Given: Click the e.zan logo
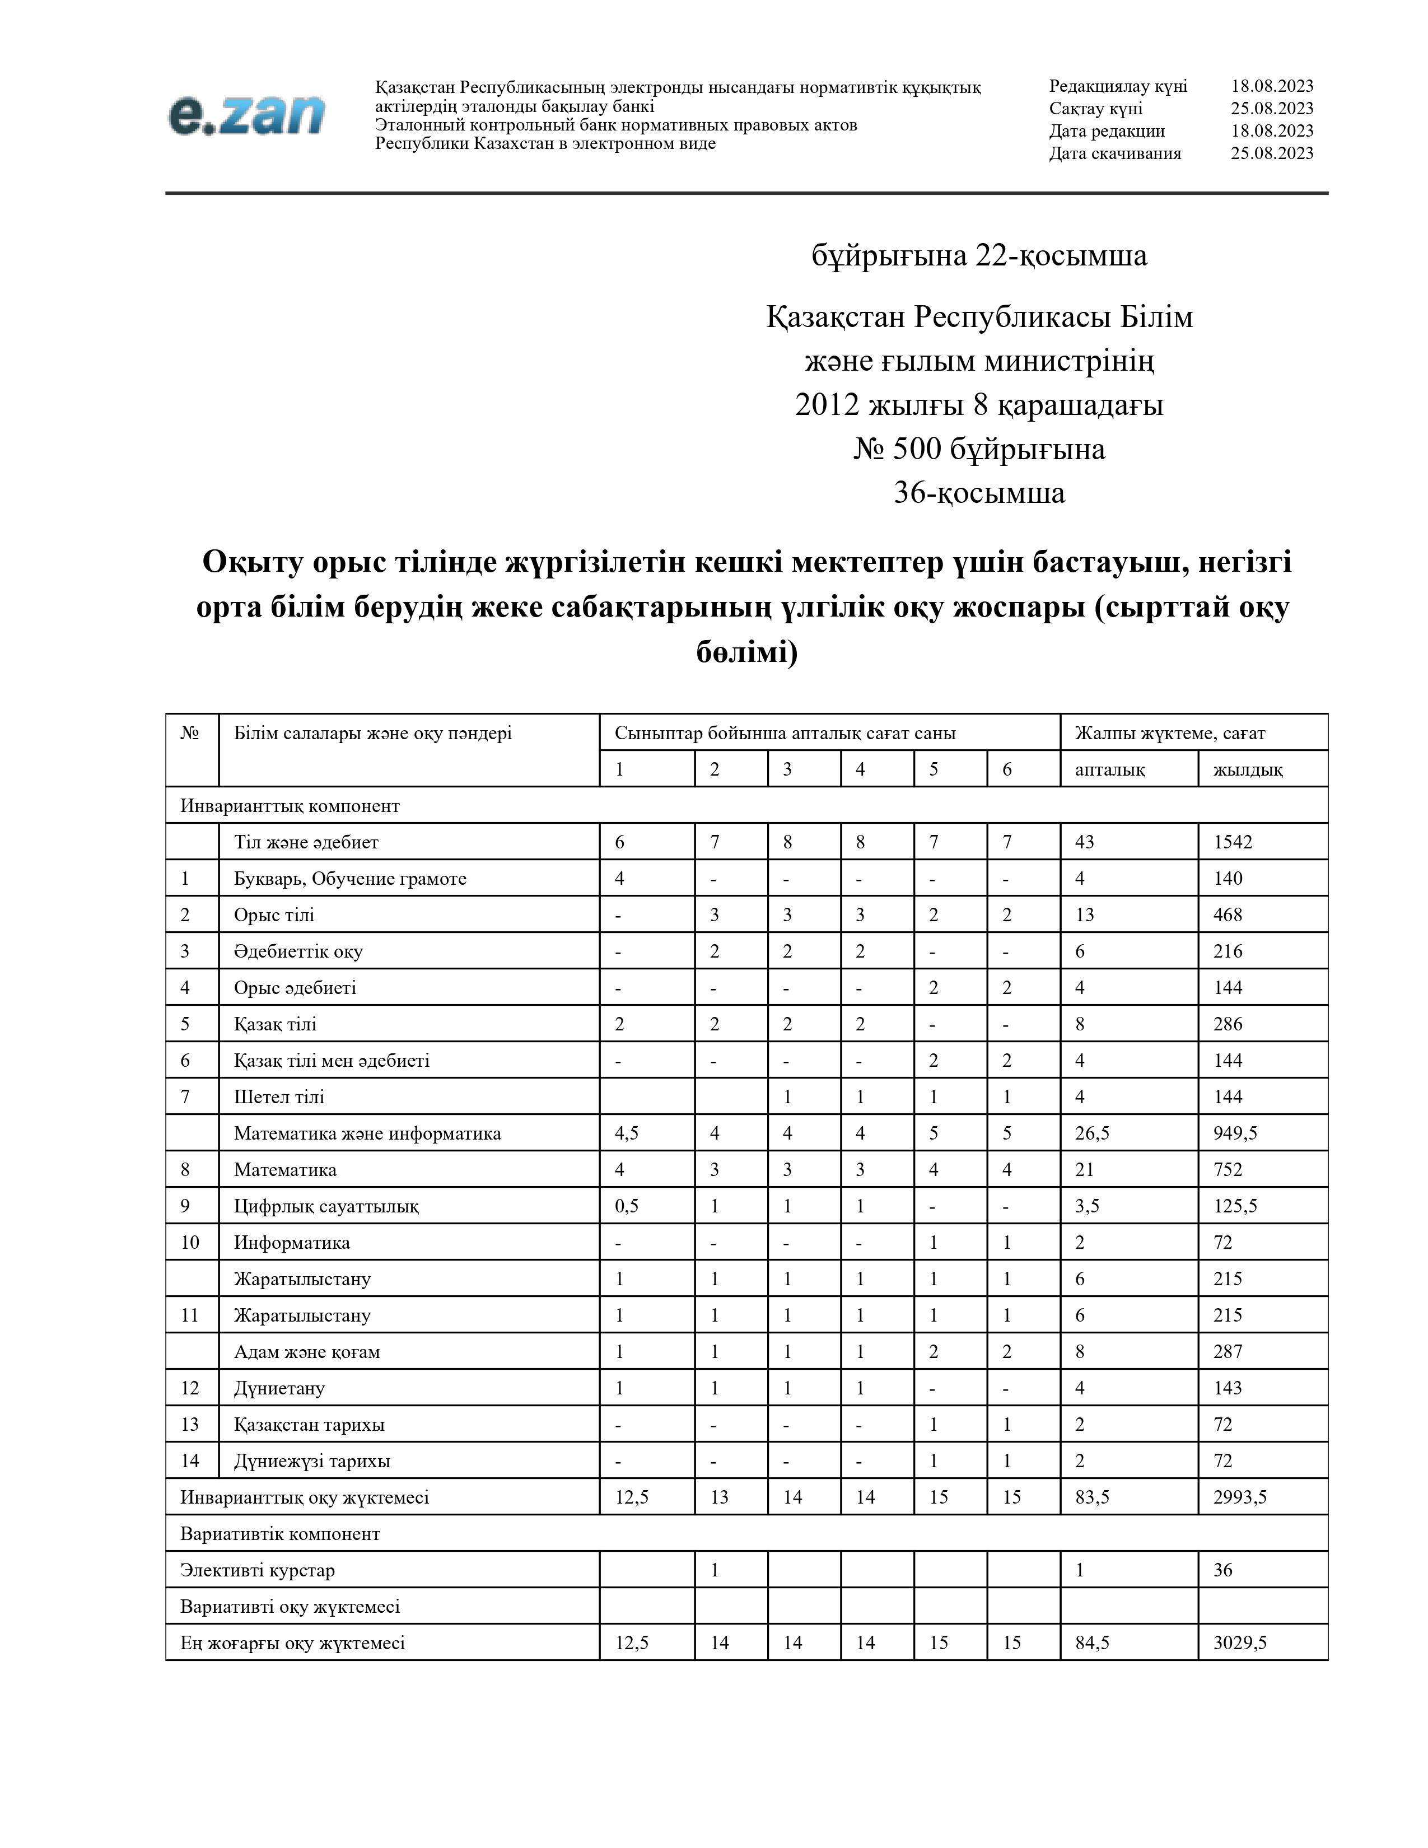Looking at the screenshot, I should click(246, 115).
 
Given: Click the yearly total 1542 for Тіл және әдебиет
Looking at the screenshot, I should click(1232, 842).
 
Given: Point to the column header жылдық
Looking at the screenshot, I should click(1247, 769).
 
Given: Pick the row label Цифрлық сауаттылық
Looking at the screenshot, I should click(326, 1206).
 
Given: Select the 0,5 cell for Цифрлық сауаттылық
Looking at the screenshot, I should click(626, 1206).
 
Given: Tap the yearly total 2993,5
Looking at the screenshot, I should click(1239, 1497).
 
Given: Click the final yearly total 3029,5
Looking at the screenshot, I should click(1239, 1642).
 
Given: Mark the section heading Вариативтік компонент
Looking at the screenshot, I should click(280, 1533).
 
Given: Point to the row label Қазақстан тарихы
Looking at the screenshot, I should click(309, 1424).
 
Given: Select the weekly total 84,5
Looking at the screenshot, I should click(1091, 1642).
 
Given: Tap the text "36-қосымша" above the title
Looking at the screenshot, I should click(979, 492).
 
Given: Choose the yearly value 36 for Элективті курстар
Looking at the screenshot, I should click(1222, 1570).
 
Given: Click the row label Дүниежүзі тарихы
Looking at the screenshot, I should click(311, 1460).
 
